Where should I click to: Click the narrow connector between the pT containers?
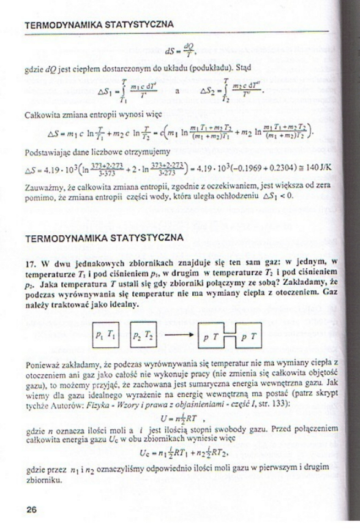click(x=231, y=336)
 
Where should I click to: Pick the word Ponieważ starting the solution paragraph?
click(x=40, y=366)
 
